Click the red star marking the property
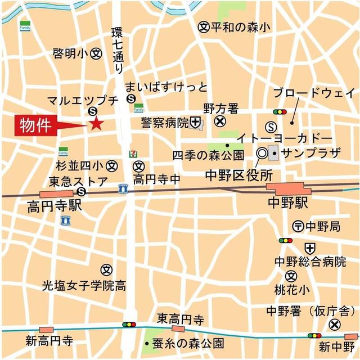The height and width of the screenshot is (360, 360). pyautogui.click(x=96, y=124)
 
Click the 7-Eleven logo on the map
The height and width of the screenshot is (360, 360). pyautogui.click(x=133, y=153)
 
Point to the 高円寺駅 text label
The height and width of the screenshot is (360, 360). pyautogui.click(x=54, y=206)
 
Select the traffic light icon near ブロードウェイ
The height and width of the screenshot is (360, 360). pyautogui.click(x=280, y=112)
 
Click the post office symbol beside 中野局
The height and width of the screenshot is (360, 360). pyautogui.click(x=298, y=226)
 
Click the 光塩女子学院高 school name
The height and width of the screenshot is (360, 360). pyautogui.click(x=84, y=286)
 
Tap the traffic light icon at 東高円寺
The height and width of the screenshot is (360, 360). pyautogui.click(x=129, y=325)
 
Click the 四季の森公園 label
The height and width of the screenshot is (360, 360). pyautogui.click(x=208, y=155)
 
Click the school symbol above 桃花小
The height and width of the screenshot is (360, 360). pyautogui.click(x=291, y=276)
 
